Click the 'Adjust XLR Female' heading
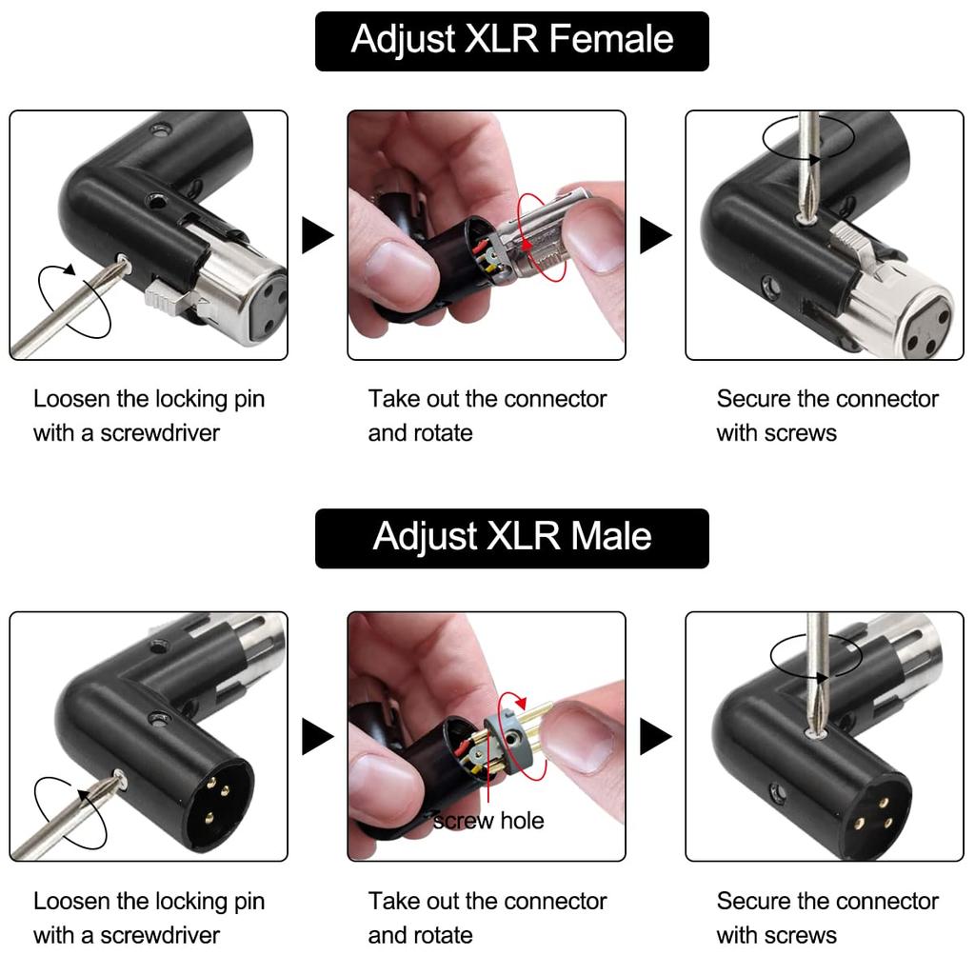[511, 40]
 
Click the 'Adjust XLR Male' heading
[511, 537]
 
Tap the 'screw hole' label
[489, 821]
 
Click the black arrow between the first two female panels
[316, 235]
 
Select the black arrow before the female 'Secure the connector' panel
[654, 235]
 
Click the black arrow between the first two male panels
[316, 736]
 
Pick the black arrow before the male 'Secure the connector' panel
[654, 736]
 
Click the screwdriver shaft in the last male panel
[817, 667]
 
